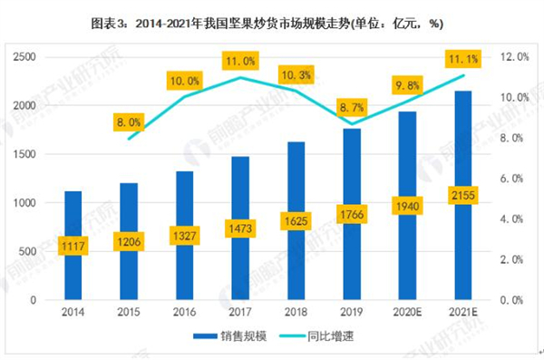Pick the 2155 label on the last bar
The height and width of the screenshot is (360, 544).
coord(462,197)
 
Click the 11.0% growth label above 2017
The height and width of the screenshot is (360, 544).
coord(239,63)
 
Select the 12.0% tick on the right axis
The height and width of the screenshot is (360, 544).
coord(513,57)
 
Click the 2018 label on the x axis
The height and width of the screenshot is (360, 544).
coord(296,313)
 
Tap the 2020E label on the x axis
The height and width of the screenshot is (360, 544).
coord(406,313)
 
